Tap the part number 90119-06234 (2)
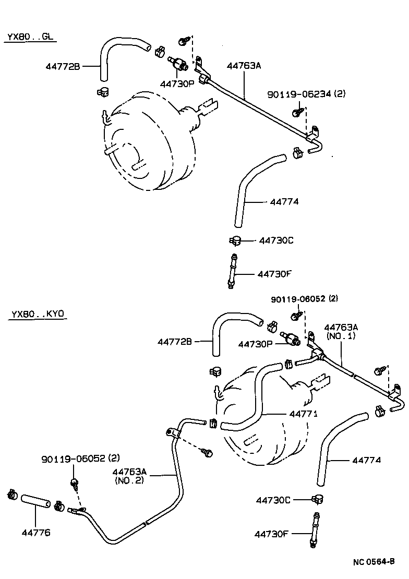point(306,94)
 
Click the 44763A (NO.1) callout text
point(341,332)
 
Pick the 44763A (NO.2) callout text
point(129,476)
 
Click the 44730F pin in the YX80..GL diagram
point(231,270)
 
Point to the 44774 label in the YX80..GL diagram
point(284,201)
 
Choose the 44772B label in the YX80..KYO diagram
point(175,342)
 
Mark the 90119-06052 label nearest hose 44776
point(80,459)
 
